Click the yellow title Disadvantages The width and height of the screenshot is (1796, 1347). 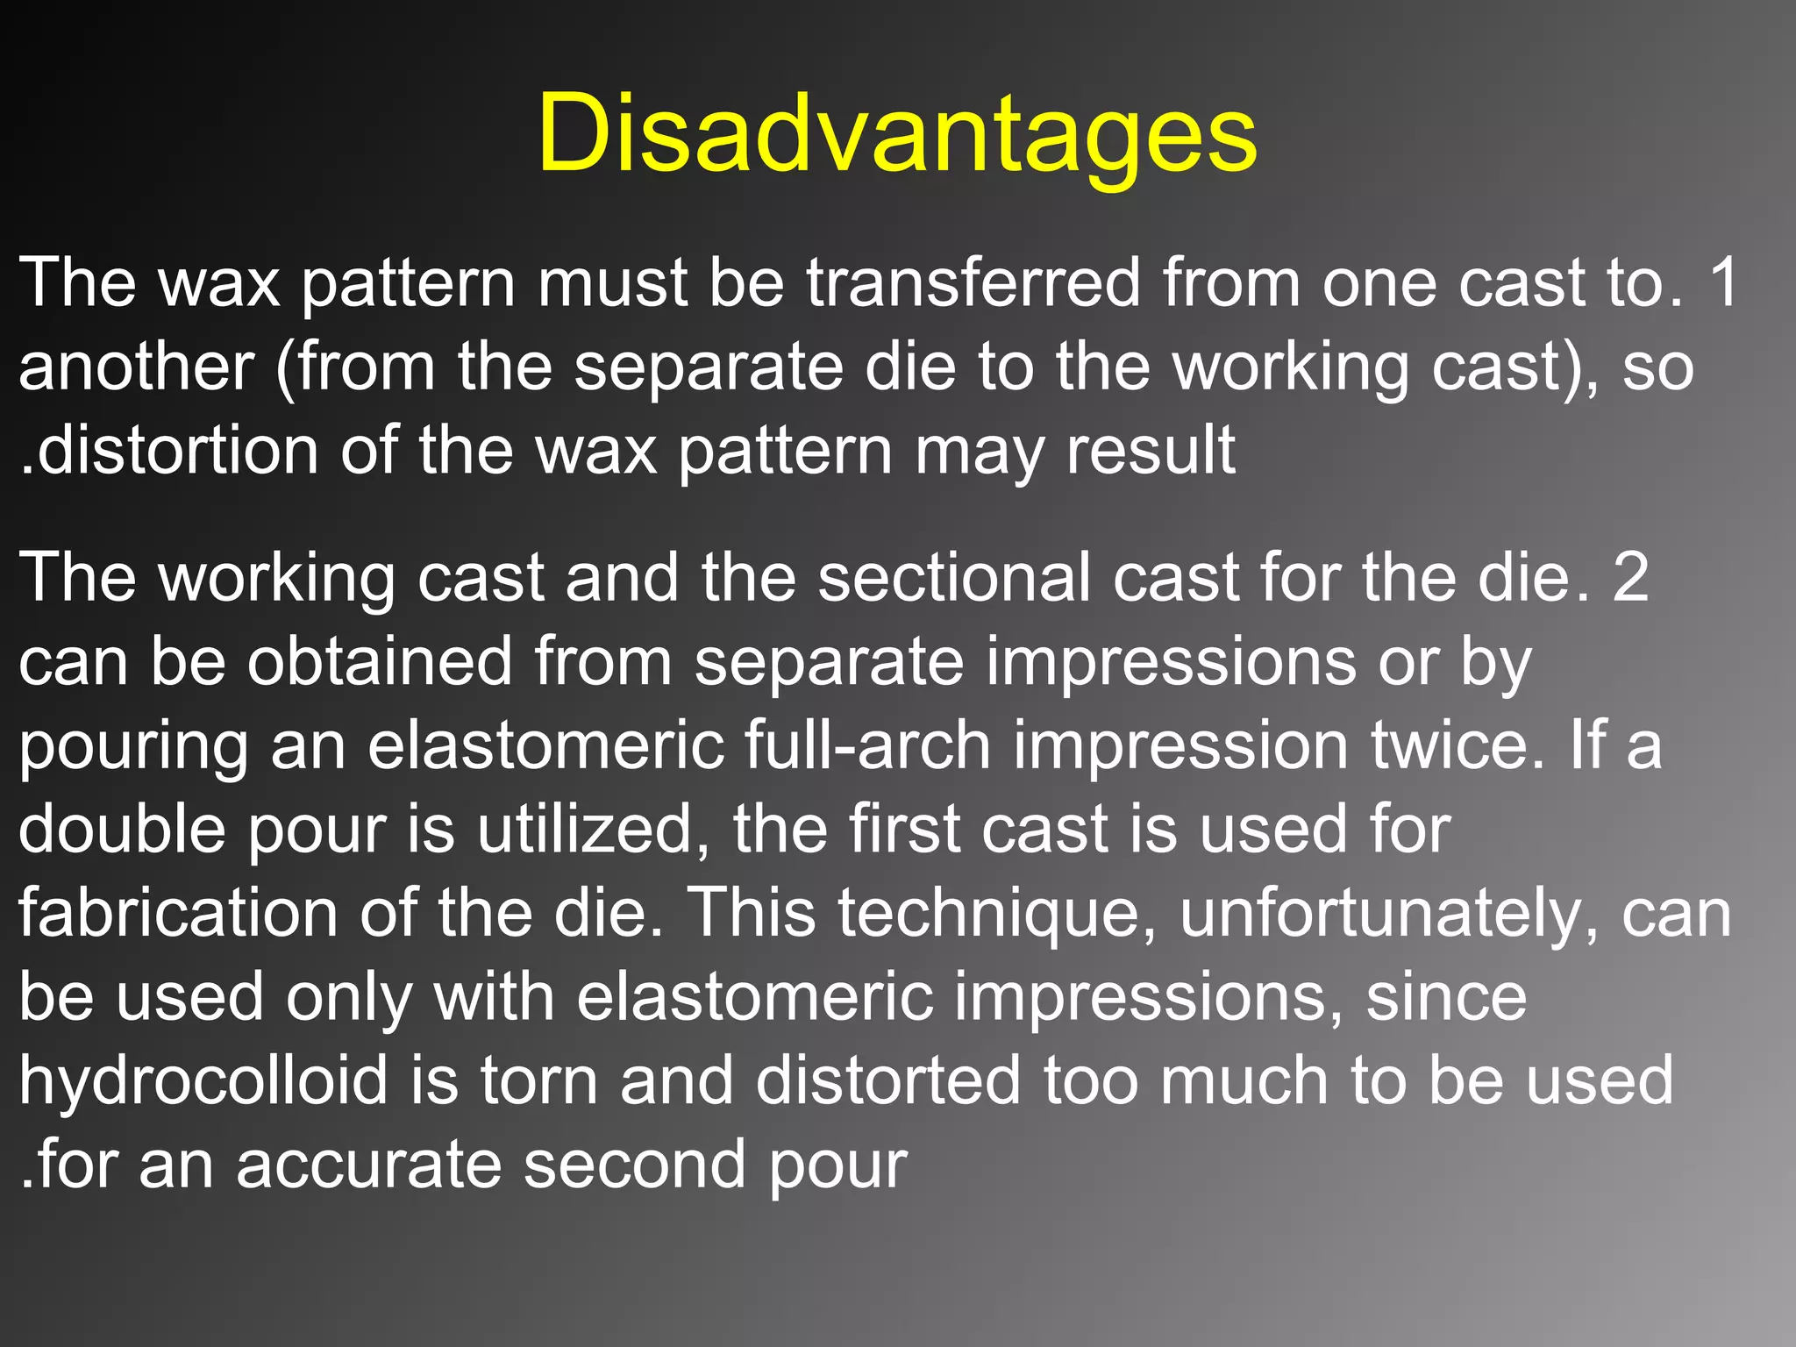pyautogui.click(x=897, y=134)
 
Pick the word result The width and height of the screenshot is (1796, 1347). pyautogui.click(x=1151, y=451)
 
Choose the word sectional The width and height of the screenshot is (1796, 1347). pyautogui.click(x=955, y=577)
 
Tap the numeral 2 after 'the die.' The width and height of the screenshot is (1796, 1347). pyautogui.click(x=1630, y=577)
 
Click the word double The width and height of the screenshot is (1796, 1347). pyautogui.click(x=122, y=830)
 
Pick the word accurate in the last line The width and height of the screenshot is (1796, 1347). pyautogui.click(x=368, y=1165)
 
